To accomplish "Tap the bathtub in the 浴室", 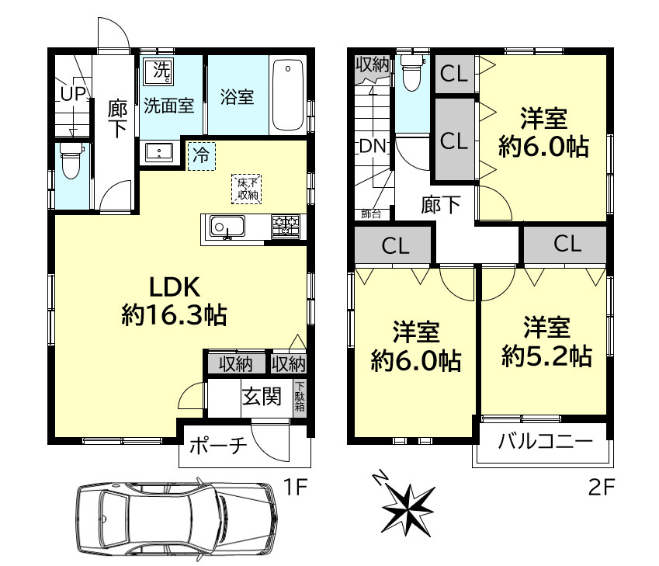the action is pos(288,95).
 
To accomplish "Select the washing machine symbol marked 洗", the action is pos(158,71).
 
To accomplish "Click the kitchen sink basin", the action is pos(227,227).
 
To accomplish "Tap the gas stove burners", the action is pos(286,226).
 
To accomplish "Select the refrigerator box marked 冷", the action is pos(201,156).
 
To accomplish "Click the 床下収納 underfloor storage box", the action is pos(247,189).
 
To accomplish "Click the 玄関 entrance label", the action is pos(262,397).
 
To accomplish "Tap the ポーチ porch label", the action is pos(217,446).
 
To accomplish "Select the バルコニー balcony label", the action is pos(545,442).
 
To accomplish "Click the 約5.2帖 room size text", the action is pos(546,356).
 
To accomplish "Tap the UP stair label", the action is pos(73,94).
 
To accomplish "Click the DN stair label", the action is pos(372,146).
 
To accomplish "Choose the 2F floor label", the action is pos(601,488).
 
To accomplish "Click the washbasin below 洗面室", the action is pos(159,151).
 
